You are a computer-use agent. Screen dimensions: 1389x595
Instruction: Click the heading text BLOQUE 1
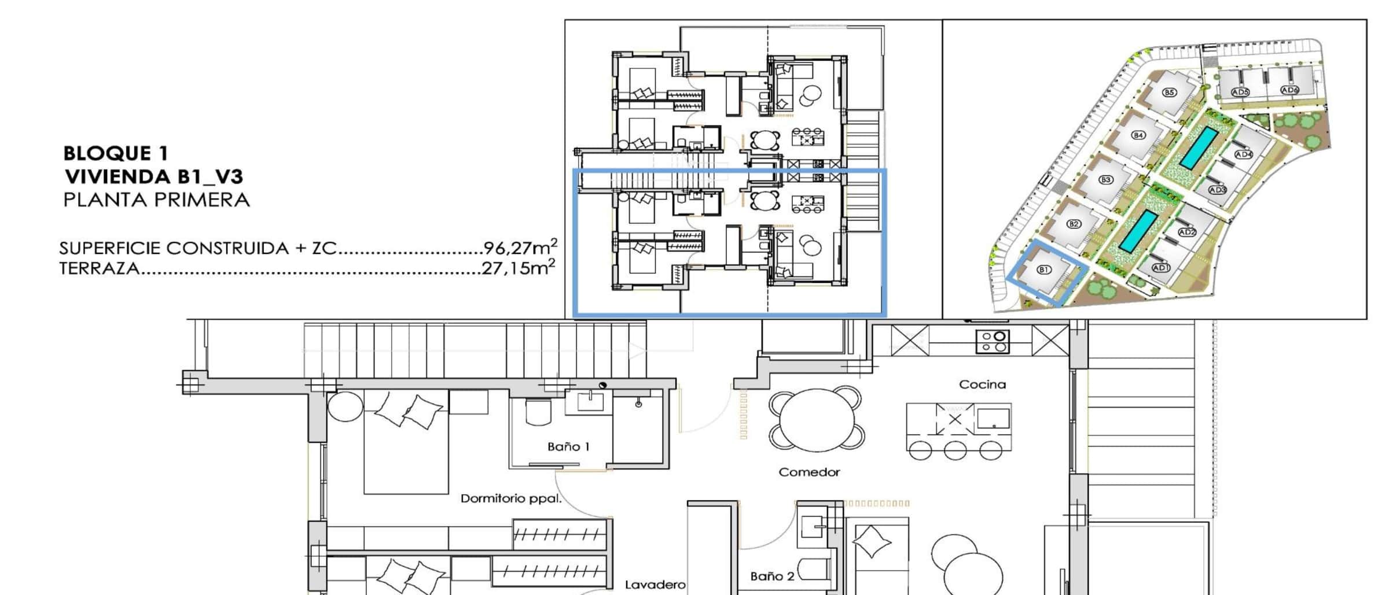coord(116,153)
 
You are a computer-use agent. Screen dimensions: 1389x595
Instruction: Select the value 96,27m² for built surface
coord(520,247)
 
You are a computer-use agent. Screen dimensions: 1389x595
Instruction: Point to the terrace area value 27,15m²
coord(519,268)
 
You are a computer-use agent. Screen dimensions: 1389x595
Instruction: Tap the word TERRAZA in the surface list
coord(99,268)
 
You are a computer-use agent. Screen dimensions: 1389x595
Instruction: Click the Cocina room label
coord(982,385)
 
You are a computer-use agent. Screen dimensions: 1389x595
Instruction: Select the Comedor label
coord(809,472)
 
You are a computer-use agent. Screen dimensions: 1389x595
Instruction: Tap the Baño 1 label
coord(568,446)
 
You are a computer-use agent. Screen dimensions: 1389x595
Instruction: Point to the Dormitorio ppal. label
coord(511,498)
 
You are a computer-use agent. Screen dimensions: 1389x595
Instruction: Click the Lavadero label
coord(655,585)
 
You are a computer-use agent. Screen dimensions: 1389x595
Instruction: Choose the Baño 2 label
coord(772,576)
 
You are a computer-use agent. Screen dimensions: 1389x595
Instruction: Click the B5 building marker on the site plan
coord(1169,93)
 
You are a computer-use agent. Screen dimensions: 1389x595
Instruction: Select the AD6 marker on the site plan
coord(1289,90)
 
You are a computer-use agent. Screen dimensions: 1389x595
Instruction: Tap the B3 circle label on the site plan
coord(1106,180)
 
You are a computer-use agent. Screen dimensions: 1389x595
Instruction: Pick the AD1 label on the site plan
coord(1161,268)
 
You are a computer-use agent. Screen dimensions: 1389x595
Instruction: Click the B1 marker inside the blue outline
coord(1043,269)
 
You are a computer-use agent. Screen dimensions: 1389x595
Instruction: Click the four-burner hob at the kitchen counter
coord(993,341)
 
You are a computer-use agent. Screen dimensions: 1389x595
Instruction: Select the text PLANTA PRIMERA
coord(156,200)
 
